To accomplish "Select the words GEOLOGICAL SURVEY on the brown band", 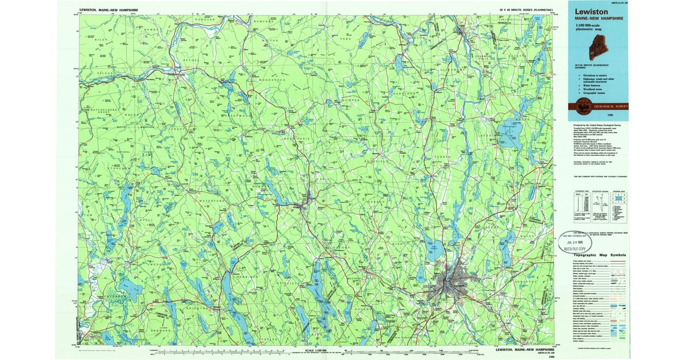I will click(x=609, y=106).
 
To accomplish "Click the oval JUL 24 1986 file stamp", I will click(x=572, y=243).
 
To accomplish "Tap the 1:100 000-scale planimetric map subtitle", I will click(x=589, y=28).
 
